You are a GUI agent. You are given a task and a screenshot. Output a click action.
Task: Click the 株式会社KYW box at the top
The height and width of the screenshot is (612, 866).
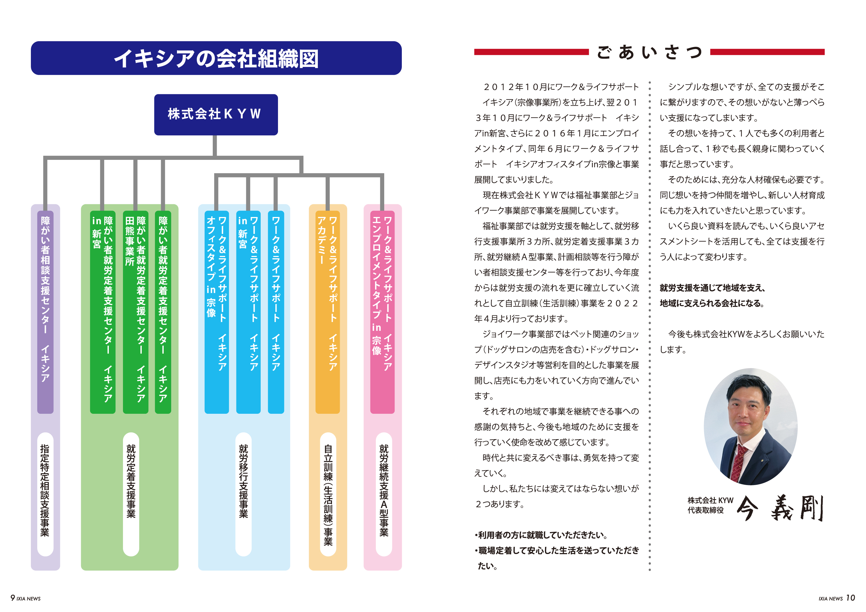pos(216,114)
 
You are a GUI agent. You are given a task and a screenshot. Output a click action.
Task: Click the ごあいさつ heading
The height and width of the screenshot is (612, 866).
pos(649,52)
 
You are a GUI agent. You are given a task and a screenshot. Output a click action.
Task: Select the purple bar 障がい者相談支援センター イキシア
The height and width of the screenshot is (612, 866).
pos(45,311)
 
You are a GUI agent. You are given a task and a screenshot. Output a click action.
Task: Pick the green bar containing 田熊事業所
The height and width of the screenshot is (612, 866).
pos(135,311)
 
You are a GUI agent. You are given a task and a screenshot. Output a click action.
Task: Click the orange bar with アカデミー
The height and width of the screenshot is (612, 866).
pos(327,311)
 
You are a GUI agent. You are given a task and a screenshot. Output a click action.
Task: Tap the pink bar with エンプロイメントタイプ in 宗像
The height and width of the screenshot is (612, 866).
pos(382,311)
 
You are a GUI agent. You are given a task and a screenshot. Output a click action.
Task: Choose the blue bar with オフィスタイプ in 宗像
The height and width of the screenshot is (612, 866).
pos(216,311)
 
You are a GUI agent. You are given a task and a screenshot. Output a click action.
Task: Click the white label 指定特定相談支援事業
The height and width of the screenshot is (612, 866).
pos(45,494)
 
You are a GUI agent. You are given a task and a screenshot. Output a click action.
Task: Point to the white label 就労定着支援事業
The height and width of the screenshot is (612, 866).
pos(131,494)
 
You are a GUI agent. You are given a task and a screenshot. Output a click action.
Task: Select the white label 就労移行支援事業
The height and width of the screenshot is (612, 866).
pos(243,494)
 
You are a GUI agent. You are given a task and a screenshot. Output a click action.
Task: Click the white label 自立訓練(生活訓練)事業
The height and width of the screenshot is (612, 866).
pos(328,494)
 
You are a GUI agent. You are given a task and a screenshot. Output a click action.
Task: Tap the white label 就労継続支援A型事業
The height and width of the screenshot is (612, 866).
pos(384,494)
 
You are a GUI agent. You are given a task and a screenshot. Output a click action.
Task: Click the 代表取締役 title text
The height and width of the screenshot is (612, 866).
pos(705,510)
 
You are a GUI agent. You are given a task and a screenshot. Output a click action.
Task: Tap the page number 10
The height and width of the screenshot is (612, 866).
pos(850,598)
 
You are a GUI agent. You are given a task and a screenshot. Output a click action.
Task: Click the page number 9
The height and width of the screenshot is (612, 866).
pos(13,598)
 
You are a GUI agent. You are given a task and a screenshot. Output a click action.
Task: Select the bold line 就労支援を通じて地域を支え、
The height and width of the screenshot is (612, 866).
pos(712,288)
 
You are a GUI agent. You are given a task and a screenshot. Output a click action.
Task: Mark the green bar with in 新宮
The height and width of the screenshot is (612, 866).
pos(102,311)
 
